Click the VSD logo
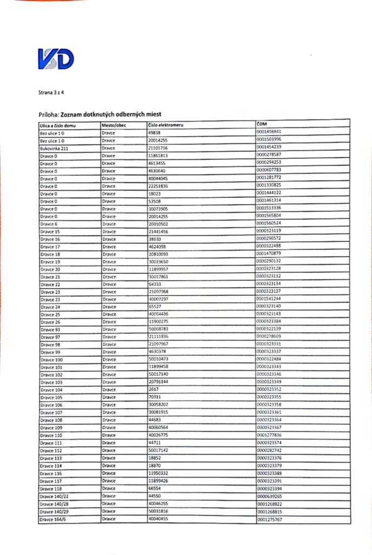(56, 59)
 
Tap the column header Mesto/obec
(114, 125)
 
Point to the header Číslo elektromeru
(166, 125)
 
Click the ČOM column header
(263, 124)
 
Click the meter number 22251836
(158, 186)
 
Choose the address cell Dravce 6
(49, 224)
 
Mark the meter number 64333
(155, 284)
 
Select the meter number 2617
(153, 390)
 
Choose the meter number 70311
(155, 397)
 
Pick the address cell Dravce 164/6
(53, 519)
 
